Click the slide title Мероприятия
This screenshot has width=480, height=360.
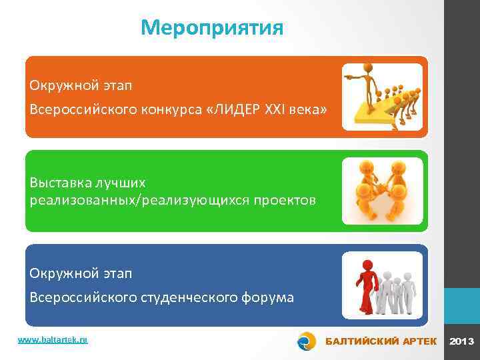(x=212, y=28)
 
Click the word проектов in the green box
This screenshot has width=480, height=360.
(x=278, y=201)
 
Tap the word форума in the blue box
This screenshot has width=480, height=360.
(x=269, y=297)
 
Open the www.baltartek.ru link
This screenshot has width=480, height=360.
(x=53, y=340)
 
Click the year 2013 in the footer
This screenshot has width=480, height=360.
(x=462, y=341)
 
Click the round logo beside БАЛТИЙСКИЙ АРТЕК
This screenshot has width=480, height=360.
(x=307, y=341)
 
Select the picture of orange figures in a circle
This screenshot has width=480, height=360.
(x=382, y=191)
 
